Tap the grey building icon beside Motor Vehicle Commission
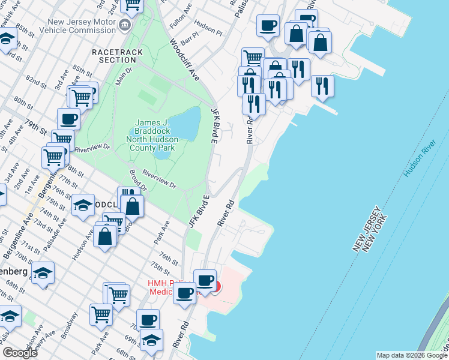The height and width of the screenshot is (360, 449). point(125,25)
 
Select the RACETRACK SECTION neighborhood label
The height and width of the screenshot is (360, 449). point(118,56)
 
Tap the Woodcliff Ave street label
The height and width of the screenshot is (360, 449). point(184,61)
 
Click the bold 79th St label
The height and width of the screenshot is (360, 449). point(35,128)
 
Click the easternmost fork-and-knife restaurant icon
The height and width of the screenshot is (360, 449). point(322,86)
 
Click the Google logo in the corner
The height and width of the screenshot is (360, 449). point(20,353)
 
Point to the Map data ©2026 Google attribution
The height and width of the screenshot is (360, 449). point(412,355)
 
